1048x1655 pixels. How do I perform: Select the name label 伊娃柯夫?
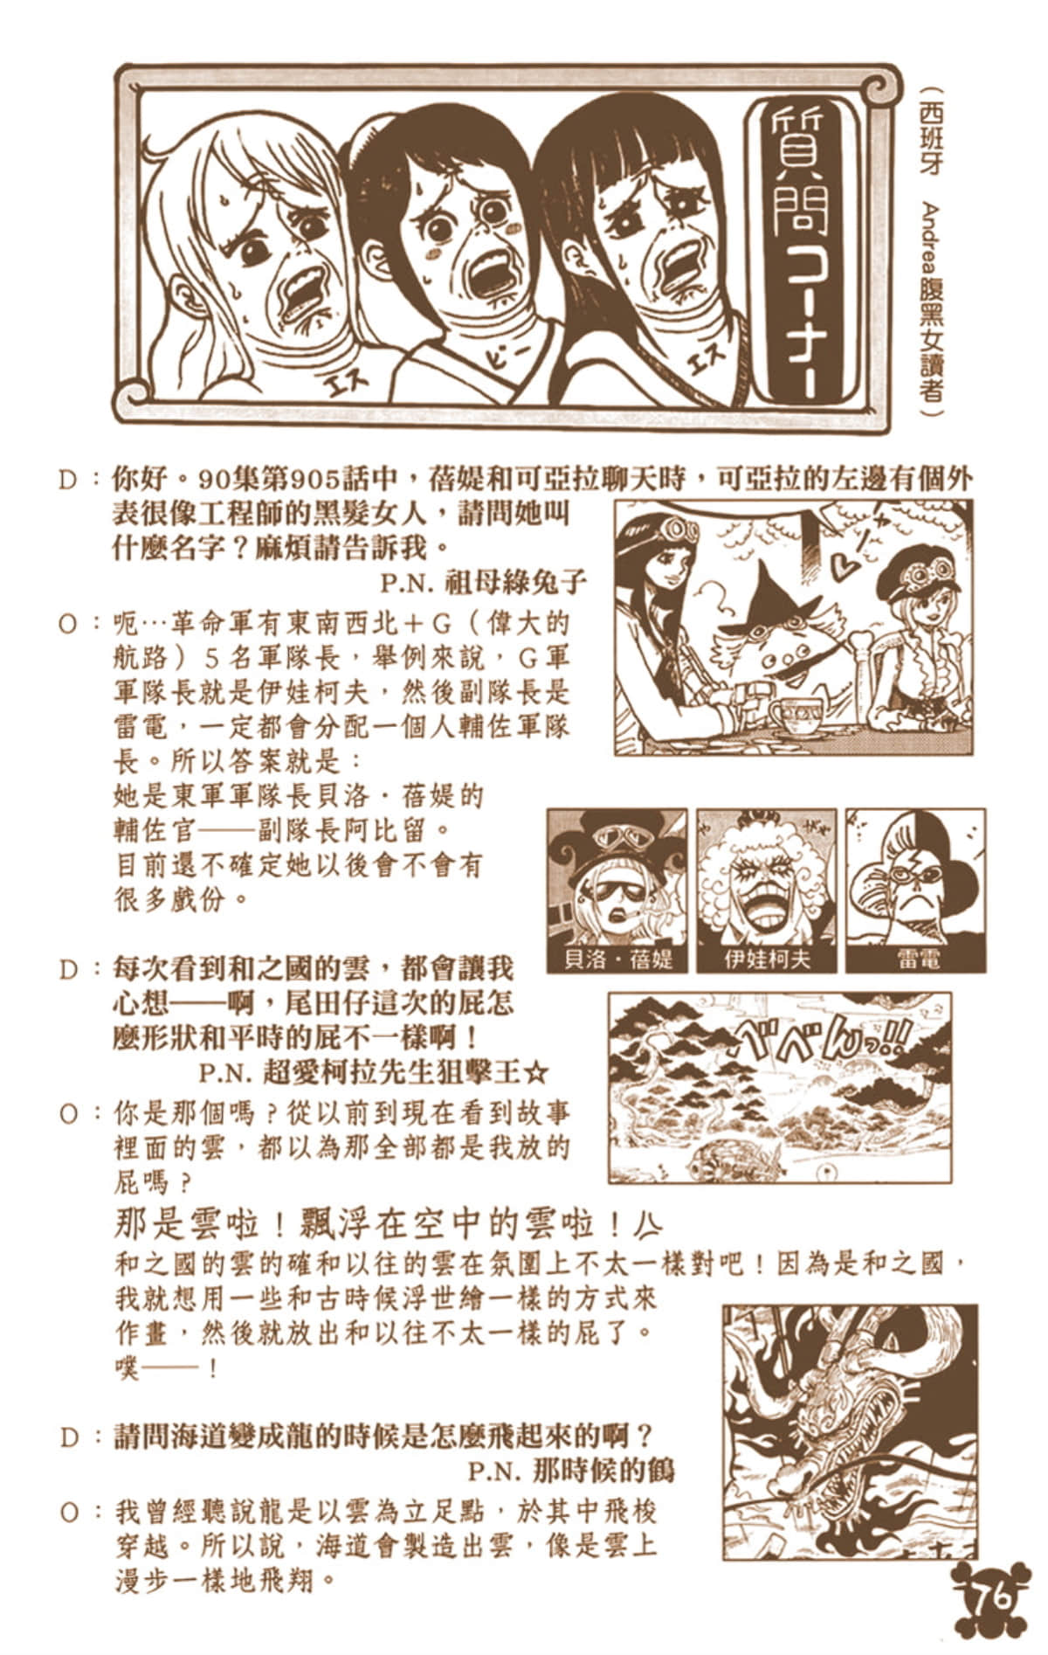[x=767, y=959]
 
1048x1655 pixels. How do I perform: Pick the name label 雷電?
[x=917, y=959]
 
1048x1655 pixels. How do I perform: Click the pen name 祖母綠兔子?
[x=515, y=581]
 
